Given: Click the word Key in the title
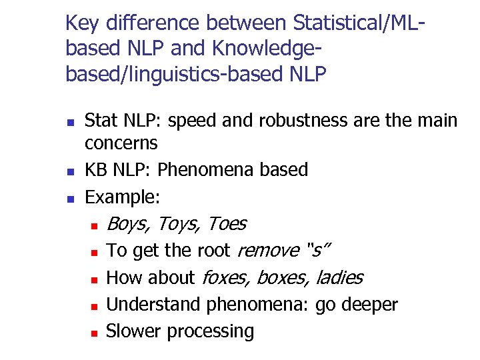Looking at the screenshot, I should click(82, 24).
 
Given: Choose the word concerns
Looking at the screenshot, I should click(121, 143).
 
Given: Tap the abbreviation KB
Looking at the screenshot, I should click(97, 170).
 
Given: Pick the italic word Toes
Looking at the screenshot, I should click(227, 224).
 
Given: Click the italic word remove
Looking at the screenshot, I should click(268, 251).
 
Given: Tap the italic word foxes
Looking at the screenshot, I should click(225, 277).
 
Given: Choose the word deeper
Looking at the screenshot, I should click(369, 305).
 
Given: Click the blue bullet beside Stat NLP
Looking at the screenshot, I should click(69, 122).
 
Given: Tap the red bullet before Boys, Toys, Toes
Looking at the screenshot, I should click(95, 225).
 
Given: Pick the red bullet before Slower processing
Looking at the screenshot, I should click(95, 332).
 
